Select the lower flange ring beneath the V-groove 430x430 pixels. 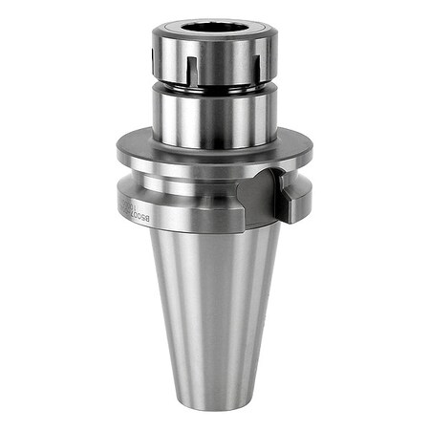[191, 212]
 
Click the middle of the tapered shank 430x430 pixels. [215, 306]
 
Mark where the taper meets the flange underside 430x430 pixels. [215, 233]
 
